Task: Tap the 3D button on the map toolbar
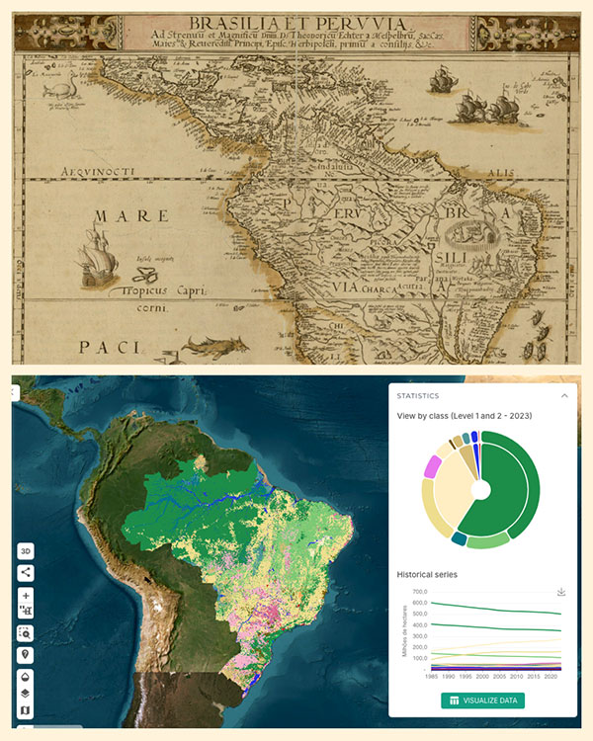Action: (x=26, y=551)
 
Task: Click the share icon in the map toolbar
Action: (x=26, y=572)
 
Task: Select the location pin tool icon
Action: (x=26, y=655)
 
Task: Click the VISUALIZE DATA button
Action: (x=482, y=700)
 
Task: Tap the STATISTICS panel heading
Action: (x=418, y=395)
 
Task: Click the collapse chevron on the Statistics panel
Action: (x=564, y=395)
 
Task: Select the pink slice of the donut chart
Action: (x=431, y=466)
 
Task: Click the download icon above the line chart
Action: (x=561, y=592)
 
